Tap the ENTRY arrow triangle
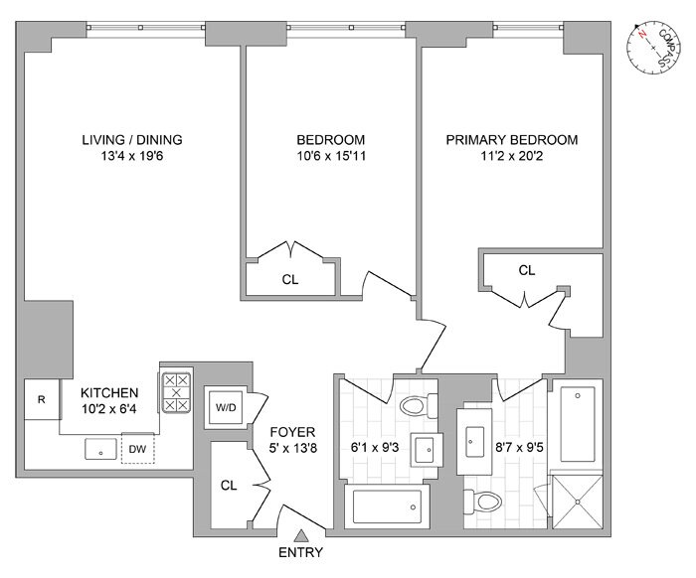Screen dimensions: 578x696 (x=301, y=537)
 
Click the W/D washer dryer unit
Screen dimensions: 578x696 (x=224, y=407)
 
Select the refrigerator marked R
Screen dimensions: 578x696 (x=41, y=400)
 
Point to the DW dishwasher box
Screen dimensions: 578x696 (x=137, y=449)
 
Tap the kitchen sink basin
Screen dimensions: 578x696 (x=101, y=450)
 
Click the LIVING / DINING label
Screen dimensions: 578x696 (x=131, y=140)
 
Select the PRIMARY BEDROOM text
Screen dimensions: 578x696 (x=511, y=140)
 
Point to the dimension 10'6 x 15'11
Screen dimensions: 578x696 (x=330, y=157)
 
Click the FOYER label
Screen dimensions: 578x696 (x=292, y=432)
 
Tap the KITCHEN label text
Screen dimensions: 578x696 (x=109, y=393)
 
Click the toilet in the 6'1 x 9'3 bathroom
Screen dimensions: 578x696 (x=419, y=405)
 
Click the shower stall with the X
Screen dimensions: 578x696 (x=575, y=503)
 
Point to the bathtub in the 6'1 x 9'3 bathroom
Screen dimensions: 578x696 (x=388, y=506)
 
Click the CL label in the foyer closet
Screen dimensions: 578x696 (x=229, y=487)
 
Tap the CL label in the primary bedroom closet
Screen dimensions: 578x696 (x=526, y=270)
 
